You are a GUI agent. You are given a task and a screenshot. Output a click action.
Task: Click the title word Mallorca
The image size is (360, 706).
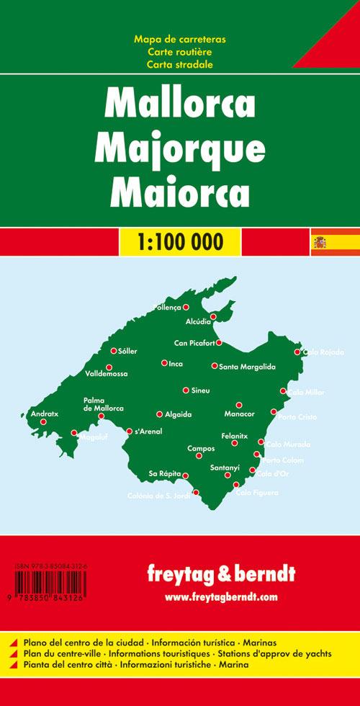click(179, 104)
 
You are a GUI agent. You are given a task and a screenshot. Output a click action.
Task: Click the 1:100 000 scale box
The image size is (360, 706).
click(180, 240)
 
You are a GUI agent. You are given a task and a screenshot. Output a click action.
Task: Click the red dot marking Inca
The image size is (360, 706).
click(164, 362)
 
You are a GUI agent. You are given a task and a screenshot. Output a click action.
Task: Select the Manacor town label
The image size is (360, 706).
click(239, 415)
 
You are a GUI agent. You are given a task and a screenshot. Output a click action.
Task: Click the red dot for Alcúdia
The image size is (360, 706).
click(213, 316)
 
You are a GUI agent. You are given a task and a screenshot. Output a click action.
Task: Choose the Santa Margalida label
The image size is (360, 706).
click(247, 367)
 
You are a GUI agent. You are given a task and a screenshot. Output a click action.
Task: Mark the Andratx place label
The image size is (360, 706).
click(44, 414)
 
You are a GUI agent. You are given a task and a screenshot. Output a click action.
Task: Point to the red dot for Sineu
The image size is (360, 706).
click(186, 390)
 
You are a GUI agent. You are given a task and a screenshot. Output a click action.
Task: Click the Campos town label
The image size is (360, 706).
click(200, 448)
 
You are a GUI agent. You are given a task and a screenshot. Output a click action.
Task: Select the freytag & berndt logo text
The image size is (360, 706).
click(220, 575)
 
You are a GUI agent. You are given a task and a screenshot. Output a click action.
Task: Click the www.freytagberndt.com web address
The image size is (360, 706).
click(220, 597)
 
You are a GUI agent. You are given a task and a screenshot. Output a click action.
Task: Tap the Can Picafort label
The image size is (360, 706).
click(195, 342)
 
